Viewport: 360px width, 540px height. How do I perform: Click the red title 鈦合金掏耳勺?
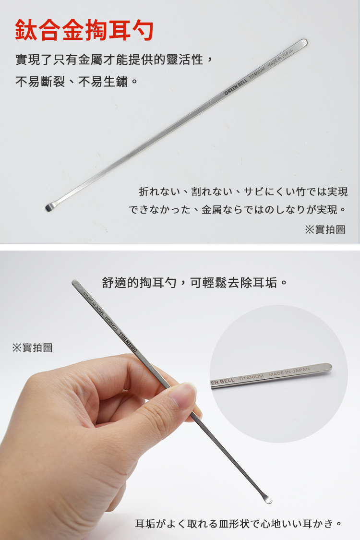pyautogui.click(x=84, y=30)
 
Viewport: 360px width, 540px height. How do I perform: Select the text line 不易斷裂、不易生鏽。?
pyautogui.click(x=77, y=82)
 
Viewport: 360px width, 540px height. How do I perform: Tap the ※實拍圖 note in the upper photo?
pyautogui.click(x=325, y=229)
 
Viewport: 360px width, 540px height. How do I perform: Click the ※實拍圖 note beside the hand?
pyautogui.click(x=32, y=348)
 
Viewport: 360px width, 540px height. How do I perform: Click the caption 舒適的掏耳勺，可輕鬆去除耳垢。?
pyautogui.click(x=195, y=283)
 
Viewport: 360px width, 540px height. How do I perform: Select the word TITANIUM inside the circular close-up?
pyautogui.click(x=251, y=377)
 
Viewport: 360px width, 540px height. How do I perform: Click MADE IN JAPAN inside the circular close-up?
pyautogui.click(x=289, y=372)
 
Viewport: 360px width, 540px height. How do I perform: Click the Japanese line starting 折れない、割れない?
pyautogui.click(x=243, y=192)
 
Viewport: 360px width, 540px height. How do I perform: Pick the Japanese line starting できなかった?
pyautogui.click(x=237, y=209)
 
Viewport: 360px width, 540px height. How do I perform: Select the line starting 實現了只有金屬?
pyautogui.click(x=115, y=60)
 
